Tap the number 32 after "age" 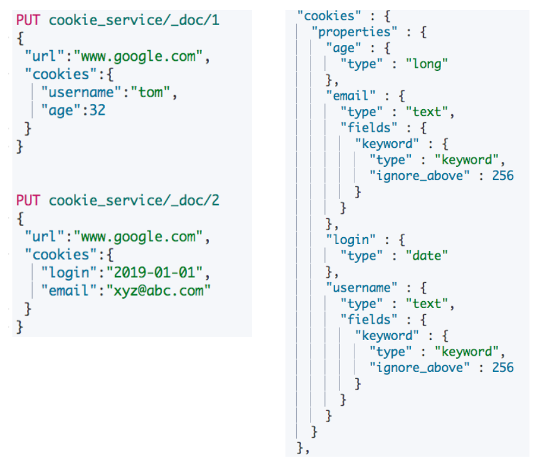pyautogui.click(x=97, y=110)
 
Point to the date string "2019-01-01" pyautogui.click(x=156, y=273)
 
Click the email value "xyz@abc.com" pyautogui.click(x=159, y=290)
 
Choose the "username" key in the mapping pyautogui.click(x=362, y=287)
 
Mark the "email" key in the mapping pyautogui.click(x=350, y=95)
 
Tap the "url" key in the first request pyautogui.click(x=45, y=56)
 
